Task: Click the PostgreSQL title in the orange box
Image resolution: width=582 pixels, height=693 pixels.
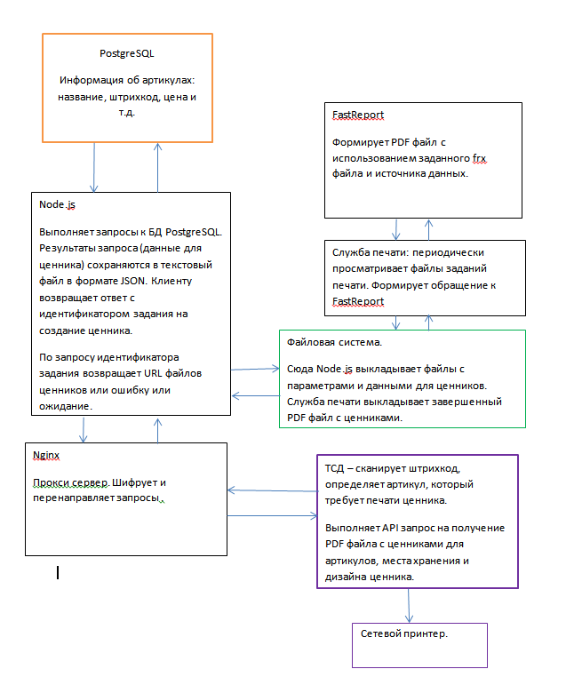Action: click(x=127, y=53)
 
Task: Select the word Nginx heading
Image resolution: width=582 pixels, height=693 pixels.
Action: click(x=46, y=455)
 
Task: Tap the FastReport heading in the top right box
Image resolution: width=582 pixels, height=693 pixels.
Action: click(x=358, y=115)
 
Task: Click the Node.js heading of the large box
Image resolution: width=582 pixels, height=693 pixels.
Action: click(x=57, y=204)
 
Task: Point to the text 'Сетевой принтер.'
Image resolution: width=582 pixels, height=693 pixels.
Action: click(x=404, y=633)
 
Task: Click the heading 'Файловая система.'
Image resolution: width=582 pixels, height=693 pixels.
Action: click(x=334, y=342)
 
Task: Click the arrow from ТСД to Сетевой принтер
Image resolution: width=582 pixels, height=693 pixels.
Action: click(x=409, y=606)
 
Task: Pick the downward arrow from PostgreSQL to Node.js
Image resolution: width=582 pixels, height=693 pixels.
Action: click(x=94, y=168)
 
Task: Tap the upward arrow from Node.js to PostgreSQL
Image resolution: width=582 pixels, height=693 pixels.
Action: click(x=158, y=168)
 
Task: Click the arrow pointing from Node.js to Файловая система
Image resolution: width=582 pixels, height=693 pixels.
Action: click(x=255, y=369)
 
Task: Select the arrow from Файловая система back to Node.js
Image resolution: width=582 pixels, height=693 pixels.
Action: click(x=255, y=396)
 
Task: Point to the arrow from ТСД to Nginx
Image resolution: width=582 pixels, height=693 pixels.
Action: click(x=273, y=490)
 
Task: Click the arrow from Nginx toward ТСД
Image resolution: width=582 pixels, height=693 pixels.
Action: click(x=273, y=516)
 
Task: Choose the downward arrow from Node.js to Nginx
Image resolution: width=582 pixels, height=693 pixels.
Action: click(x=84, y=429)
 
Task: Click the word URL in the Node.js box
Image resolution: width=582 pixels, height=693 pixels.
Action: click(x=153, y=373)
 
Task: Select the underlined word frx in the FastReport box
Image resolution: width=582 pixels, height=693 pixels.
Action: click(x=480, y=158)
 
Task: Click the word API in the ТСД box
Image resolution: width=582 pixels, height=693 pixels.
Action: click(x=389, y=528)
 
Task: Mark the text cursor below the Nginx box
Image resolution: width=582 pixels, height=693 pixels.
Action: click(x=58, y=573)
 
